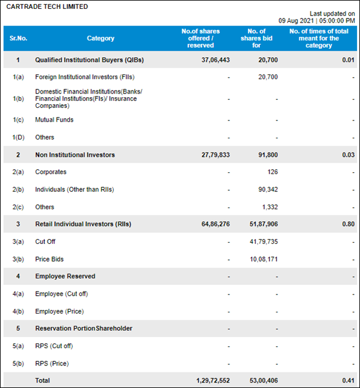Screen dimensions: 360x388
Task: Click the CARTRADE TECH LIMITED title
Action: (x=47, y=7)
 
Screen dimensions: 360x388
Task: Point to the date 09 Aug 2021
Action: (x=296, y=20)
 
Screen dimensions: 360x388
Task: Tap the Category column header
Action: (x=101, y=38)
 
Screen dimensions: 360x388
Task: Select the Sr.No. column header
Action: (x=18, y=38)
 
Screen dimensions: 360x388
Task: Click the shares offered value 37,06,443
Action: (x=216, y=60)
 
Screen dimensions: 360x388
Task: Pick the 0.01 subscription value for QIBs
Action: (x=348, y=60)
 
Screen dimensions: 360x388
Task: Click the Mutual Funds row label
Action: (x=54, y=120)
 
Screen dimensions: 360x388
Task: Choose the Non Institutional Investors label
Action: (x=75, y=155)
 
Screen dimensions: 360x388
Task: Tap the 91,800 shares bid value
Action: (x=268, y=155)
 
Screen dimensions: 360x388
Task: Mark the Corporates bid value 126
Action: (x=272, y=172)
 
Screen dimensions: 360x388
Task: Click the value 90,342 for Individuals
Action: (x=268, y=190)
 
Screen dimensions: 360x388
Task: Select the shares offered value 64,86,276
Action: (x=216, y=224)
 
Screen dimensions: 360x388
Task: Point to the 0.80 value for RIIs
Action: (x=348, y=224)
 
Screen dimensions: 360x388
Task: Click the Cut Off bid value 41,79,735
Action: (x=264, y=241)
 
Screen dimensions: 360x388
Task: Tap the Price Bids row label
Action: (x=49, y=259)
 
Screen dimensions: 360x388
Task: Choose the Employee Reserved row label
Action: (x=65, y=276)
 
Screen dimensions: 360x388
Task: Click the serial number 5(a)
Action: (x=18, y=346)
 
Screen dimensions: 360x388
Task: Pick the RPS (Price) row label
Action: (x=52, y=364)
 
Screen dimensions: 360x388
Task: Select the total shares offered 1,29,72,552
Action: (x=213, y=381)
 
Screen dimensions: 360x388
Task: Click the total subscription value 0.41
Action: (x=348, y=381)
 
